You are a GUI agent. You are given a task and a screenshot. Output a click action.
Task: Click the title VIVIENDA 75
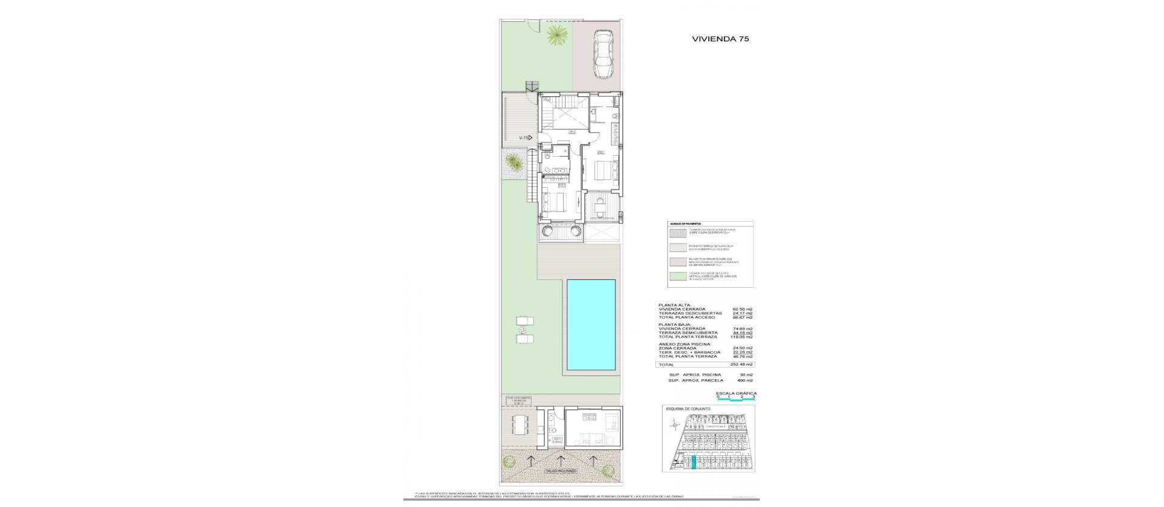720,38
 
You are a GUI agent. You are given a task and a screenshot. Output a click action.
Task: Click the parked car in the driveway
603,54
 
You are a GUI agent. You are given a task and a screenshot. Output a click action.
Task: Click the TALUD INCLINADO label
136,471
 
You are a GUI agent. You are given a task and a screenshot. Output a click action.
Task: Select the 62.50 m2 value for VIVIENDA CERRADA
743,309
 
